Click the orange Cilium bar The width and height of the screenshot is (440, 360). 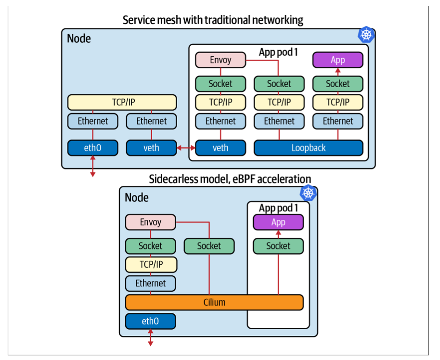(x=214, y=302)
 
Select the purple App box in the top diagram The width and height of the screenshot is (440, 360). (x=337, y=60)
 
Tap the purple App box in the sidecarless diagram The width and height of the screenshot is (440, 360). (x=278, y=222)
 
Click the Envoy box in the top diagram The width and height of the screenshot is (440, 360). (x=220, y=60)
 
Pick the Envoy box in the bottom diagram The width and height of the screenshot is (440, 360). (x=150, y=222)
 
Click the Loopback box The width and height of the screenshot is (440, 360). (x=308, y=148)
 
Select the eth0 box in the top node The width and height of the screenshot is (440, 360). (x=92, y=148)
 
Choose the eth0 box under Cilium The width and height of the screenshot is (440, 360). (x=150, y=321)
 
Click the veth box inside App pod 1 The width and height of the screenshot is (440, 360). (x=220, y=148)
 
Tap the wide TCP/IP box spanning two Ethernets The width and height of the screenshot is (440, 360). (x=122, y=103)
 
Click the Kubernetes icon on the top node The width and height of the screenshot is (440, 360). (x=366, y=35)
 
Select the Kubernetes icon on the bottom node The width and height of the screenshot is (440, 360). (x=309, y=193)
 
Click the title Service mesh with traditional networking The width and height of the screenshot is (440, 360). (x=213, y=20)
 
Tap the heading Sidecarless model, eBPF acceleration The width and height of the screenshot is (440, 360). (x=230, y=180)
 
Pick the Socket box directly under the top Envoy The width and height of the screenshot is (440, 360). (x=220, y=84)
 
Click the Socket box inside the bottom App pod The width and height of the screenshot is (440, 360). (x=278, y=246)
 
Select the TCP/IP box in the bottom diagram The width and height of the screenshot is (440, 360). (x=151, y=265)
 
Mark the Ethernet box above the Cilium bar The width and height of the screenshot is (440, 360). (x=151, y=283)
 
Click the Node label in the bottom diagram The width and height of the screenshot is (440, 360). (x=137, y=197)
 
